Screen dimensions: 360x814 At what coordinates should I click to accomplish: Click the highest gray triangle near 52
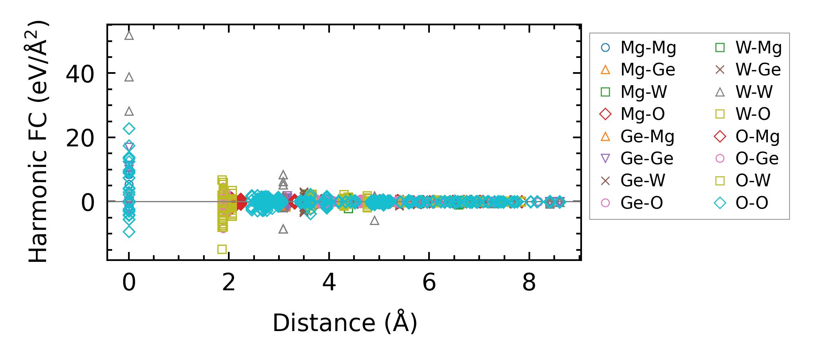(129, 35)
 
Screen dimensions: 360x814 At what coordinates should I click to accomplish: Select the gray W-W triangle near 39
(129, 77)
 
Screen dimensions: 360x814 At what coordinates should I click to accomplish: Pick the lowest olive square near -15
(222, 249)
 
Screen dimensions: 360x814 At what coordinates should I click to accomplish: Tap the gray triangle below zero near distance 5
(374, 221)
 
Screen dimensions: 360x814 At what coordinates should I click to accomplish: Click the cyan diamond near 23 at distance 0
(129, 129)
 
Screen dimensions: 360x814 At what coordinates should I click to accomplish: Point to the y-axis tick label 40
(80, 74)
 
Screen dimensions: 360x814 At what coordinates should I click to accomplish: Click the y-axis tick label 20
(80, 139)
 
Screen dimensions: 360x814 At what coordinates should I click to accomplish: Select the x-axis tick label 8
(529, 282)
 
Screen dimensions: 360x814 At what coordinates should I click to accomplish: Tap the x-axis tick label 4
(329, 282)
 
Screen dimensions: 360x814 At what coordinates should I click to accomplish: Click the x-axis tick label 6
(429, 282)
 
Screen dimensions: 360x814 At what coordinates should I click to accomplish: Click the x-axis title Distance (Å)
(345, 323)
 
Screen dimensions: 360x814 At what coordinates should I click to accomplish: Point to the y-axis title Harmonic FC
(39, 141)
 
